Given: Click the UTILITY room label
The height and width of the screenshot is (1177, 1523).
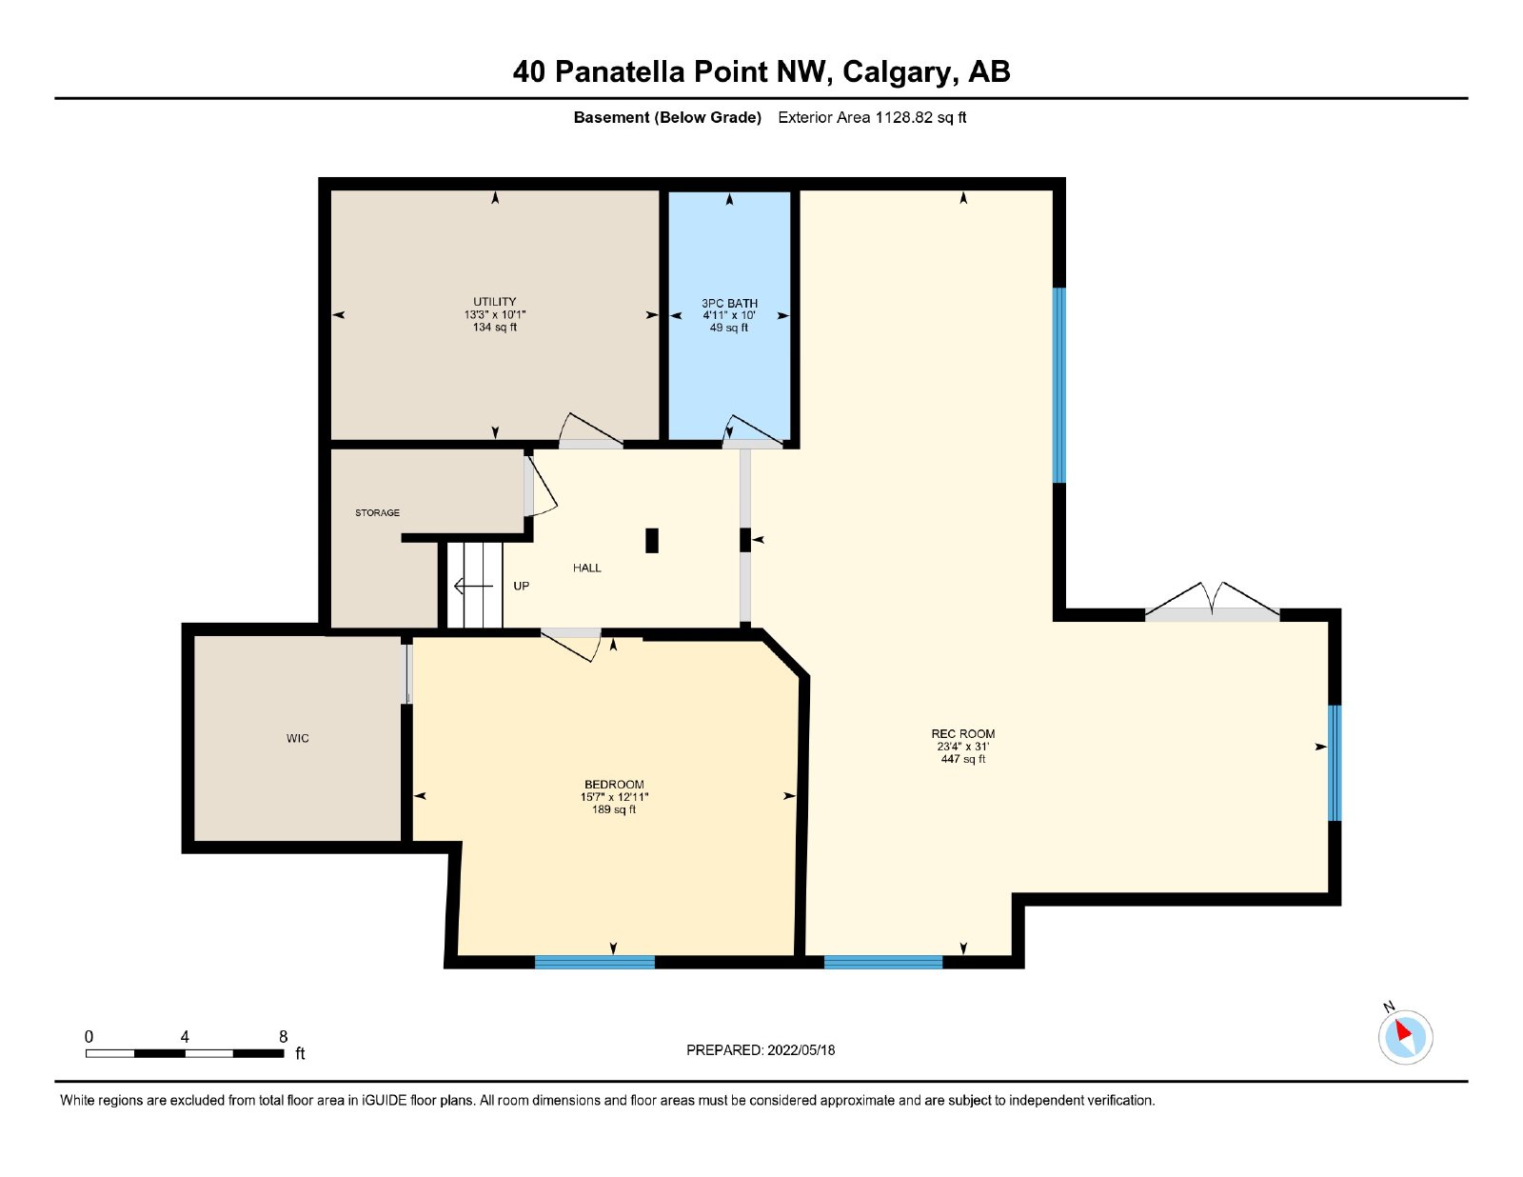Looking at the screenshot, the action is [x=494, y=302].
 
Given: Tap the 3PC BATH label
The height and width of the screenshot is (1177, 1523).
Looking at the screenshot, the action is [x=729, y=304].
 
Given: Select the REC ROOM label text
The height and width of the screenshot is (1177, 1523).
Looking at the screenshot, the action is [x=962, y=734].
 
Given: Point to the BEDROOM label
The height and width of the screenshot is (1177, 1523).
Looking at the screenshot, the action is [x=614, y=785].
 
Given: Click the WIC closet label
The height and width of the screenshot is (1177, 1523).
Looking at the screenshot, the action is [x=297, y=738].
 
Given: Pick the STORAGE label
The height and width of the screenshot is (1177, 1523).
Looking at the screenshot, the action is [x=377, y=512].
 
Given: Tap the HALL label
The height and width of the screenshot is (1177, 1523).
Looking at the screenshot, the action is [x=586, y=568].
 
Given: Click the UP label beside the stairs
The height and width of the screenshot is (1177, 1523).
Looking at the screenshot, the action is [x=521, y=586].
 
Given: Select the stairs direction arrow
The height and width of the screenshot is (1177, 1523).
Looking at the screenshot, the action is [x=473, y=586].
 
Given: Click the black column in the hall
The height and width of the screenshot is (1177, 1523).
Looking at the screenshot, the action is [x=652, y=541].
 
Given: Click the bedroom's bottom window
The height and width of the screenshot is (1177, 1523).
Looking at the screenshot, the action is [x=594, y=962].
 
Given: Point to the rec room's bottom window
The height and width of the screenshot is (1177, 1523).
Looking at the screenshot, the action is [x=883, y=962].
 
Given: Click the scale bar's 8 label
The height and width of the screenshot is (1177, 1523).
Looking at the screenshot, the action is [x=283, y=1037].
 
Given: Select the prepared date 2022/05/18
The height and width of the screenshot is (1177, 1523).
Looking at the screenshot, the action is [x=801, y=1050].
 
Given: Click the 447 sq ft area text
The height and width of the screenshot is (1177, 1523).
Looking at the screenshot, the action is [x=963, y=759].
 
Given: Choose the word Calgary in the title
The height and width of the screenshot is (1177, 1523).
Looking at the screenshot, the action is [x=900, y=72].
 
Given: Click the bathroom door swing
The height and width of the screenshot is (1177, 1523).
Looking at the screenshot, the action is [x=751, y=429].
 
